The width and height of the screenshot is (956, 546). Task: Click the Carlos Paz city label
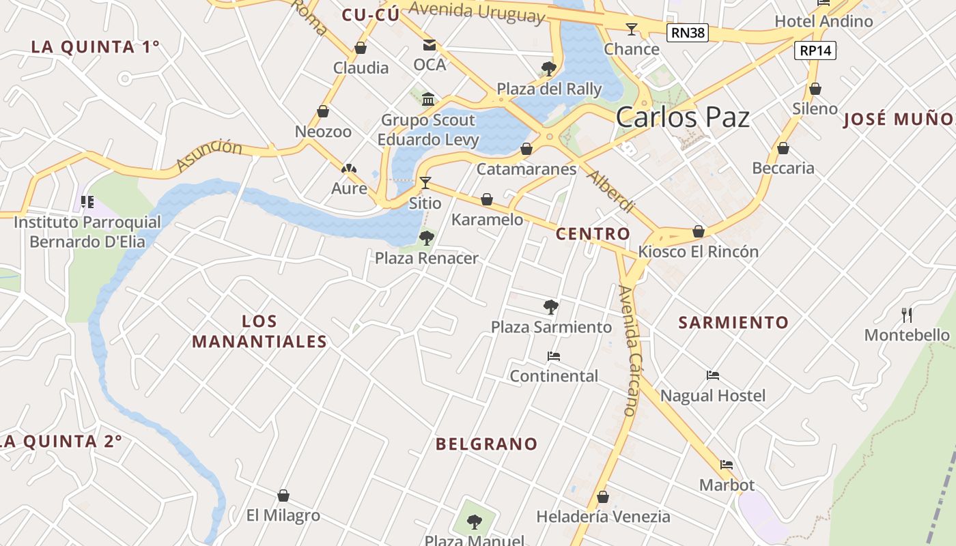click(x=682, y=117)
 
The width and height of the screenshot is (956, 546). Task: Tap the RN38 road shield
click(x=688, y=32)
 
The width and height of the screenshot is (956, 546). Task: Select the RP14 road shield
click(x=815, y=51)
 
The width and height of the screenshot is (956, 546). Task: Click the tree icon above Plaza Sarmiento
click(x=551, y=306)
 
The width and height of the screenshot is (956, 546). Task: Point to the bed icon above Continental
click(x=554, y=356)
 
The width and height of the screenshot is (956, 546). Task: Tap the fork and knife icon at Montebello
click(x=907, y=315)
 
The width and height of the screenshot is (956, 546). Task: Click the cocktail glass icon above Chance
click(x=632, y=29)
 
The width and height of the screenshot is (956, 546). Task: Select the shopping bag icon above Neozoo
click(x=323, y=111)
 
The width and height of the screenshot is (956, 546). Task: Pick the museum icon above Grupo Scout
click(x=428, y=100)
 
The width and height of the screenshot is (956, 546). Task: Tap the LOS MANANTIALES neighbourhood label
click(x=259, y=331)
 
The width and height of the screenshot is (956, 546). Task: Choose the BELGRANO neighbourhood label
click(x=487, y=444)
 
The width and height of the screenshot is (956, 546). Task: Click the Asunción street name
click(x=209, y=156)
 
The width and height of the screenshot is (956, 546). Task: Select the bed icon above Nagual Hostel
click(x=713, y=375)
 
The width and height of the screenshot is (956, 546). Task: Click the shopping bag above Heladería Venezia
click(x=602, y=497)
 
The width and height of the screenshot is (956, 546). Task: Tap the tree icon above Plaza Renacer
click(x=427, y=238)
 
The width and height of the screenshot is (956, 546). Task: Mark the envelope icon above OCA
click(x=429, y=45)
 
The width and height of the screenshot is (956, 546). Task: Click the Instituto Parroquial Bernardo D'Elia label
click(x=87, y=232)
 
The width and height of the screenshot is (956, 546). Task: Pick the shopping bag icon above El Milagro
click(x=283, y=495)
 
